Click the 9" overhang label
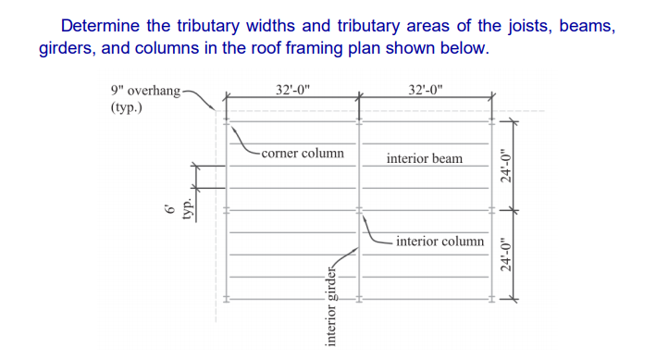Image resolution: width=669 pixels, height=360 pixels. click(143, 91)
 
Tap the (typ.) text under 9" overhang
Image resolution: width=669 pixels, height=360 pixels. click(125, 107)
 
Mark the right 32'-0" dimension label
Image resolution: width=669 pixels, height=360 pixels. click(426, 90)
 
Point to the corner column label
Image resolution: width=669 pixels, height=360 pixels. click(302, 153)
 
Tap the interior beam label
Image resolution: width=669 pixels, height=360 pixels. click(425, 158)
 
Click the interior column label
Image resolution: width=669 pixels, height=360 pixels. click(440, 241)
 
